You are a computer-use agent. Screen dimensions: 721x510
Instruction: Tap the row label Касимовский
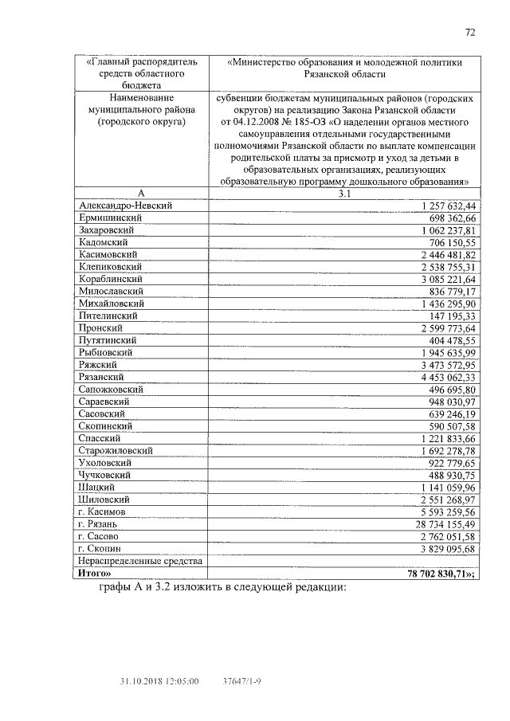(x=110, y=254)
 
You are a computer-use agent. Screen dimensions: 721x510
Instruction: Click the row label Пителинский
(x=110, y=315)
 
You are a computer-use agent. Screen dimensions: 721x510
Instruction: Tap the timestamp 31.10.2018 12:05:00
(x=159, y=682)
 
